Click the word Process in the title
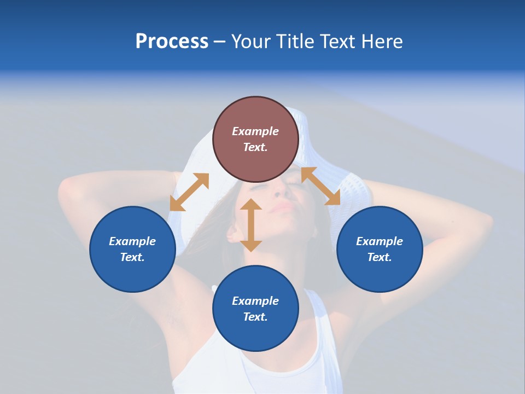point(172,42)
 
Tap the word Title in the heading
point(294,42)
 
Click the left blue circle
point(132,249)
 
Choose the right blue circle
point(380,249)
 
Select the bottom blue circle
point(255,309)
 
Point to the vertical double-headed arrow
point(251,225)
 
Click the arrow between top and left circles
point(189,192)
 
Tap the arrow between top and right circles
point(321,186)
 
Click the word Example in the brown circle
point(255,131)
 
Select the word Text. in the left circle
point(132,257)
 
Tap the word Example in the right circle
point(380,241)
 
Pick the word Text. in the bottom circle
point(255,317)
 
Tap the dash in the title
point(219,42)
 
